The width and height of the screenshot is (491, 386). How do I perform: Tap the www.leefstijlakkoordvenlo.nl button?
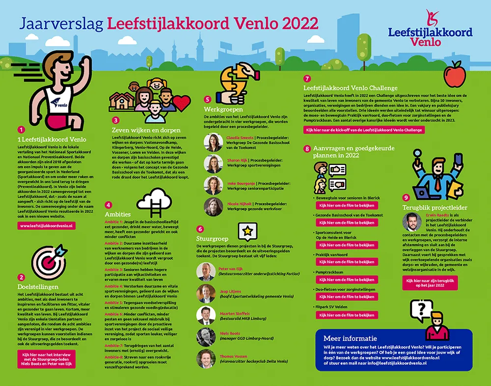(x=46, y=226)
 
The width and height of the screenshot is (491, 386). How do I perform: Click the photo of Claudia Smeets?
(x=213, y=142)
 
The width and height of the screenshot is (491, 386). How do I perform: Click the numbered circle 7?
(x=307, y=78)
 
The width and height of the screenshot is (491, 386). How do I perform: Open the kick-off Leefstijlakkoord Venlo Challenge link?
(x=364, y=130)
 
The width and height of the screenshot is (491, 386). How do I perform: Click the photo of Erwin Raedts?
(x=412, y=222)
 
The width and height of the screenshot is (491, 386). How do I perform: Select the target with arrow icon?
(x=47, y=258)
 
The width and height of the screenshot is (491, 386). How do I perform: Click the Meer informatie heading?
(x=350, y=338)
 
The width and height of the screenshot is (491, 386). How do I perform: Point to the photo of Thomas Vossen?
(x=206, y=359)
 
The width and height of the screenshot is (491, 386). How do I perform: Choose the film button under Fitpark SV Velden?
(x=347, y=315)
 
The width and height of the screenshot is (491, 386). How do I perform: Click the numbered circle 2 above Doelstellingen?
(x=21, y=277)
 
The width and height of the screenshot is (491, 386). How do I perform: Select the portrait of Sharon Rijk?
(x=213, y=164)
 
